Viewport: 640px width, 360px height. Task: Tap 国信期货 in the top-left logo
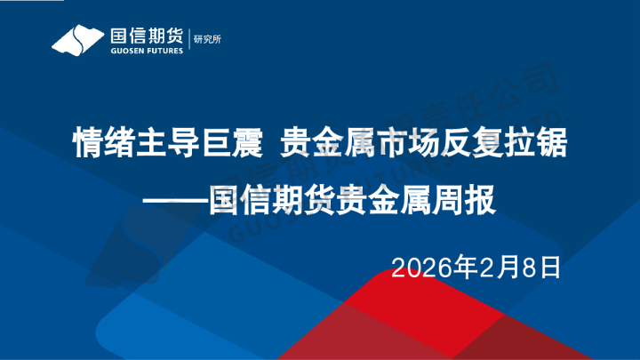pos(145,35)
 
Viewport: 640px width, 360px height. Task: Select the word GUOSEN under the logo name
pos(123,51)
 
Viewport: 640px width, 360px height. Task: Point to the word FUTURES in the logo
pos(163,51)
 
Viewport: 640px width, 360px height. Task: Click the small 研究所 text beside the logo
pos(206,40)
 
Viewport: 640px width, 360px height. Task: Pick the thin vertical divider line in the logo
pos(189,40)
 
